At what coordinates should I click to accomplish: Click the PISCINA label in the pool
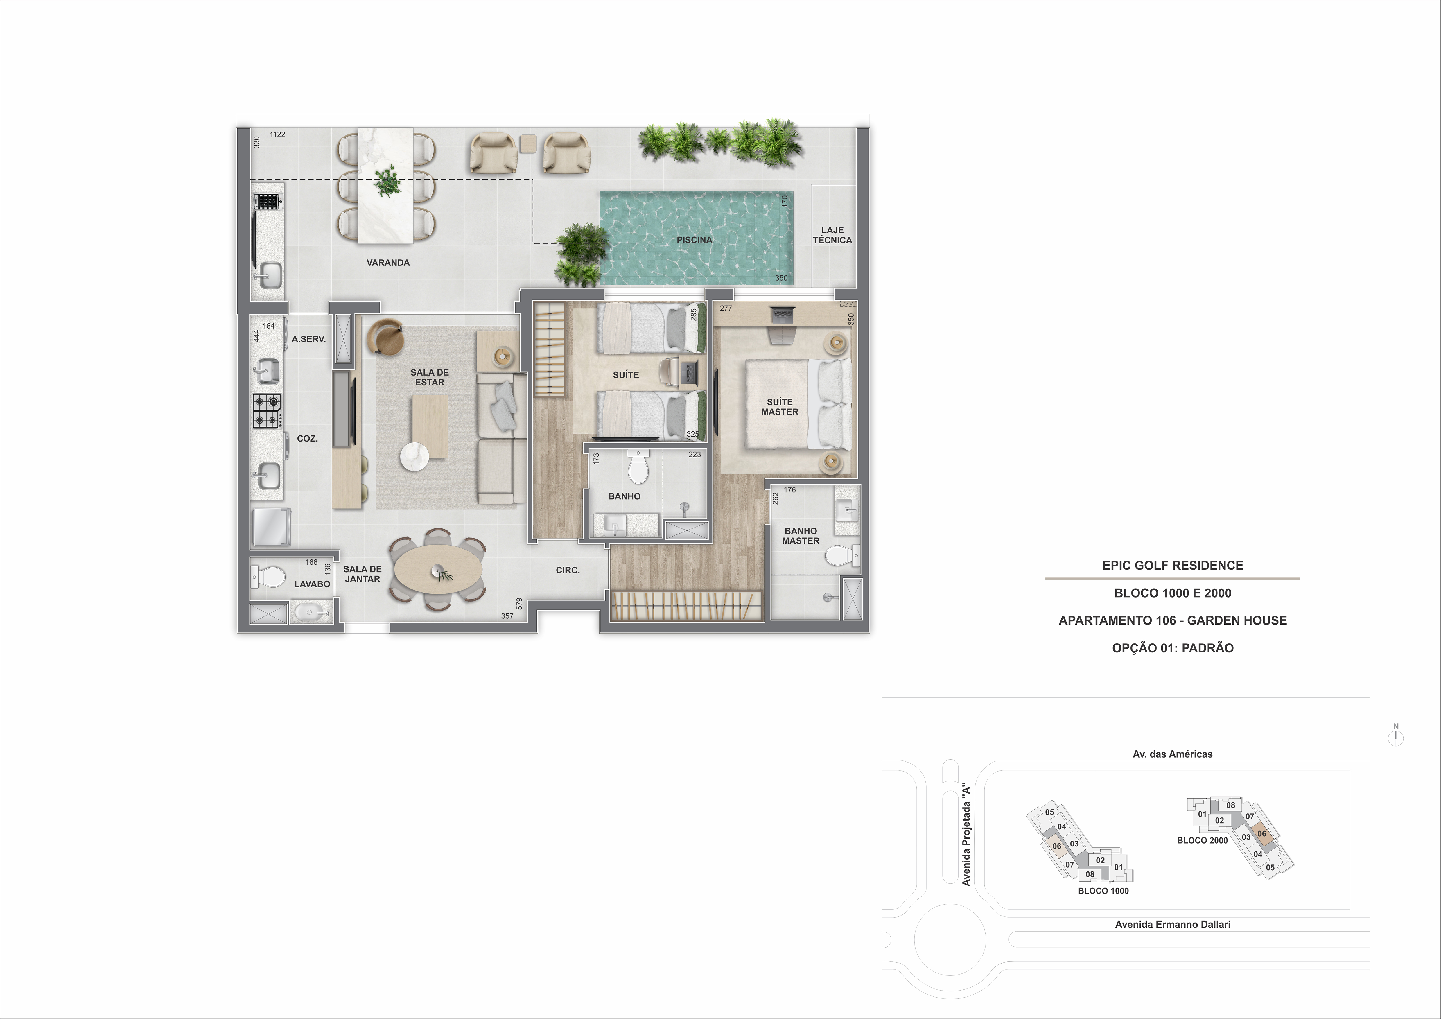point(694,240)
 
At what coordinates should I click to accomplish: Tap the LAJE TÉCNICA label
point(832,235)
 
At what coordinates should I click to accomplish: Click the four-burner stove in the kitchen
point(267,411)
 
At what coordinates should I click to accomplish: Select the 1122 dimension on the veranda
point(277,134)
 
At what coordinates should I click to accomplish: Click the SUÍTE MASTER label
point(780,407)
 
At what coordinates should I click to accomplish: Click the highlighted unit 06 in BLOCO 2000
point(1261,834)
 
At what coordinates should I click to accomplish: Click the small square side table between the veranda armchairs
point(528,144)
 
